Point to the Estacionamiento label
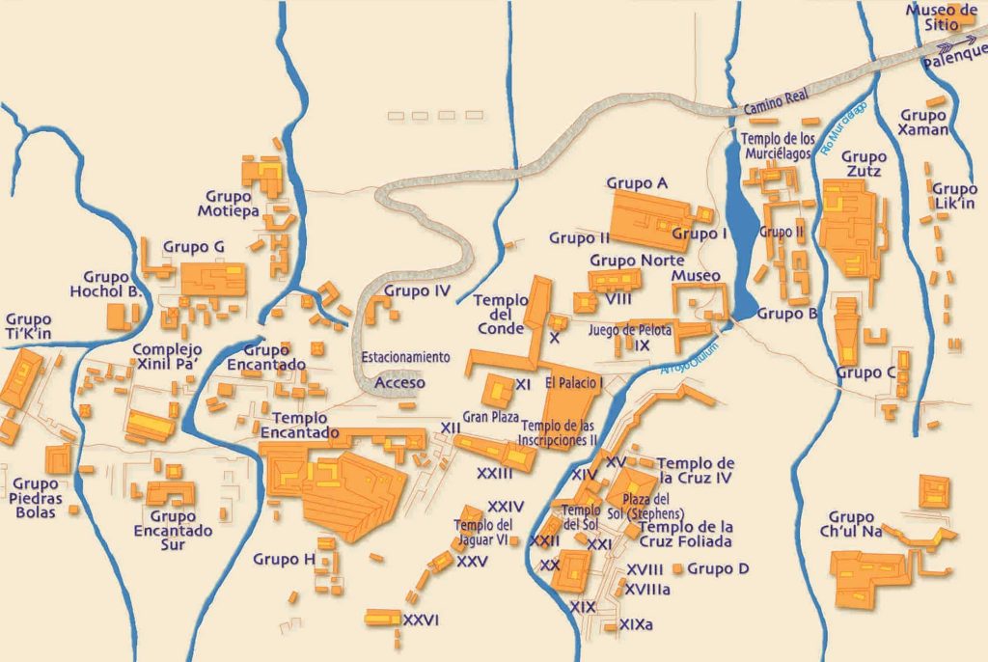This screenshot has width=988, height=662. [405, 357]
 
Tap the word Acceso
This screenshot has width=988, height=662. [399, 383]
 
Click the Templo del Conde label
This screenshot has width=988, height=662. [501, 314]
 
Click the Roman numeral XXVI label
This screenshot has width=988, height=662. [422, 620]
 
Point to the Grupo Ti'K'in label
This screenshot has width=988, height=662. [28, 326]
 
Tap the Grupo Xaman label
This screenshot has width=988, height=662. [923, 122]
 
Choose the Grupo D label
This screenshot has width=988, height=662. [718, 568]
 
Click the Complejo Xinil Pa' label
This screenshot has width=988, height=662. [168, 357]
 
